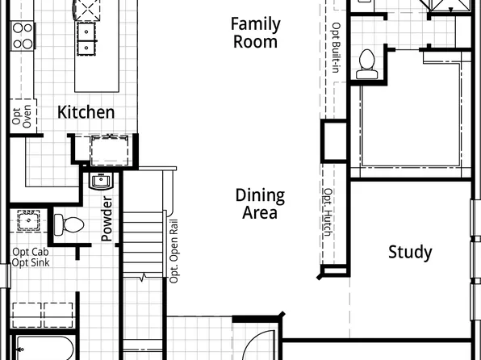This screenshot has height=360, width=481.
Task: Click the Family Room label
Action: click(255, 33)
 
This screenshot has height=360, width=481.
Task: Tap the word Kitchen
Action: click(86, 112)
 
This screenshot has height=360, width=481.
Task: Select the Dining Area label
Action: click(260, 204)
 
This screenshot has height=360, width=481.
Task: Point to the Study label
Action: click(410, 252)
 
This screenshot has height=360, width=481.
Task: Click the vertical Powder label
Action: click(107, 218)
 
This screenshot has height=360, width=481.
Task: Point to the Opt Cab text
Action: click(30, 252)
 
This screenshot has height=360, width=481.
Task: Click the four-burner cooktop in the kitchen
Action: click(22, 36)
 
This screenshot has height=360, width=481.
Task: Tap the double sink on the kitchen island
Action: click(85, 36)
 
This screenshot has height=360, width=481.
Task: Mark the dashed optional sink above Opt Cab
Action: click(31, 221)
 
